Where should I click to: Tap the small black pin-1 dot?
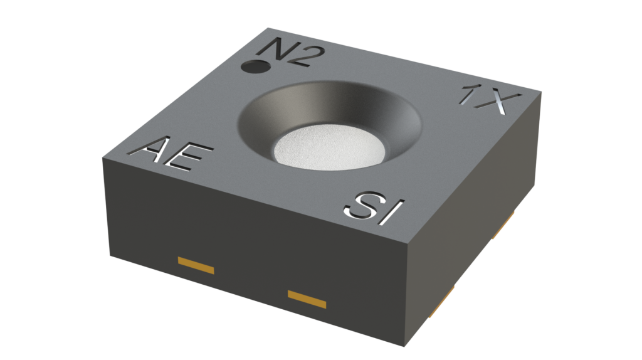(x=254, y=65)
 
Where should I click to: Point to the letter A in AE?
(x=155, y=151)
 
